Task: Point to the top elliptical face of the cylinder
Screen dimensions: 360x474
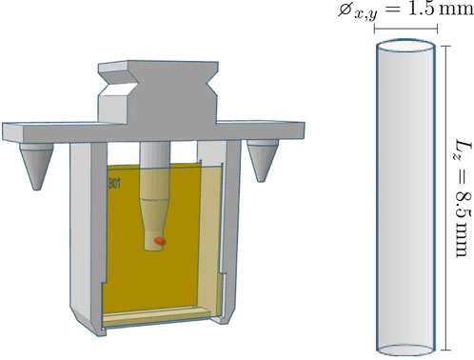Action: pos(406,47)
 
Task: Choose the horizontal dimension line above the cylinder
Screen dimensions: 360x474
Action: pos(406,28)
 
